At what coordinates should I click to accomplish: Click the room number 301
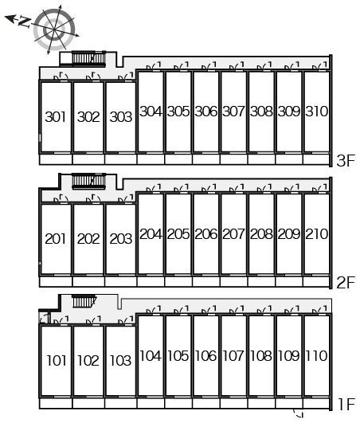click(56, 117)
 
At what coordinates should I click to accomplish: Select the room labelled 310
click(316, 112)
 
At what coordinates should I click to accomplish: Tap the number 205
click(178, 234)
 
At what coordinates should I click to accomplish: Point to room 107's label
click(233, 355)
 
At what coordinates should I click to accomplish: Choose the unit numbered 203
click(121, 239)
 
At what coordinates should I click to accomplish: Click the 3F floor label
click(346, 161)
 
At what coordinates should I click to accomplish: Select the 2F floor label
click(346, 283)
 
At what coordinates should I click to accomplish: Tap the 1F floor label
click(346, 405)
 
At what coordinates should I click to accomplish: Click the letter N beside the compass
click(24, 22)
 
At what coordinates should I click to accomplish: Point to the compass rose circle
click(54, 29)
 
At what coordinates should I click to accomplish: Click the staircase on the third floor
click(88, 58)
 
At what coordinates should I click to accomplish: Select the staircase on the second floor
click(88, 181)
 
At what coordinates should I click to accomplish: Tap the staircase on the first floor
click(84, 301)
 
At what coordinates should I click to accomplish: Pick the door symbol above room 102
click(93, 321)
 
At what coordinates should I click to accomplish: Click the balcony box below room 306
click(206, 159)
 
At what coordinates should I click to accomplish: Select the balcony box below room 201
click(56, 282)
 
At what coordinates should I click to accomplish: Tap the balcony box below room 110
click(316, 404)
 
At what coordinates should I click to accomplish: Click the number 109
click(288, 355)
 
